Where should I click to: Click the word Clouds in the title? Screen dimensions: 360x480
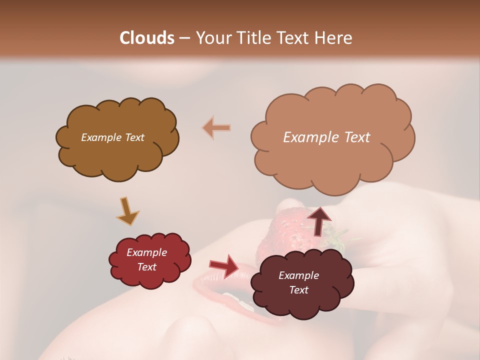[147, 38]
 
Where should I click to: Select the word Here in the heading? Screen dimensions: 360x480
[334, 38]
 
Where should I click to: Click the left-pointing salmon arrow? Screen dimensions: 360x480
[216, 128]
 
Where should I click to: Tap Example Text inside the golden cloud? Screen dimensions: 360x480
[112, 137]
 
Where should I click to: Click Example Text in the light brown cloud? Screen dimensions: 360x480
[326, 137]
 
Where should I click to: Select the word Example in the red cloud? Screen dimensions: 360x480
[146, 252]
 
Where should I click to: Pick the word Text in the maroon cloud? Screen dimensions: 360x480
[298, 290]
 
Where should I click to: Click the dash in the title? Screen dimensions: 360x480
[184, 38]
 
